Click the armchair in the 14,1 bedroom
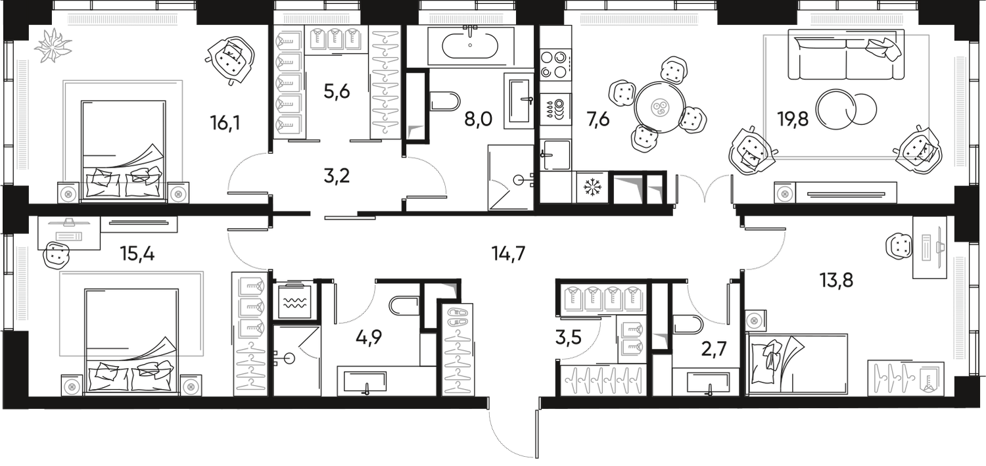click(x=230, y=59)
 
